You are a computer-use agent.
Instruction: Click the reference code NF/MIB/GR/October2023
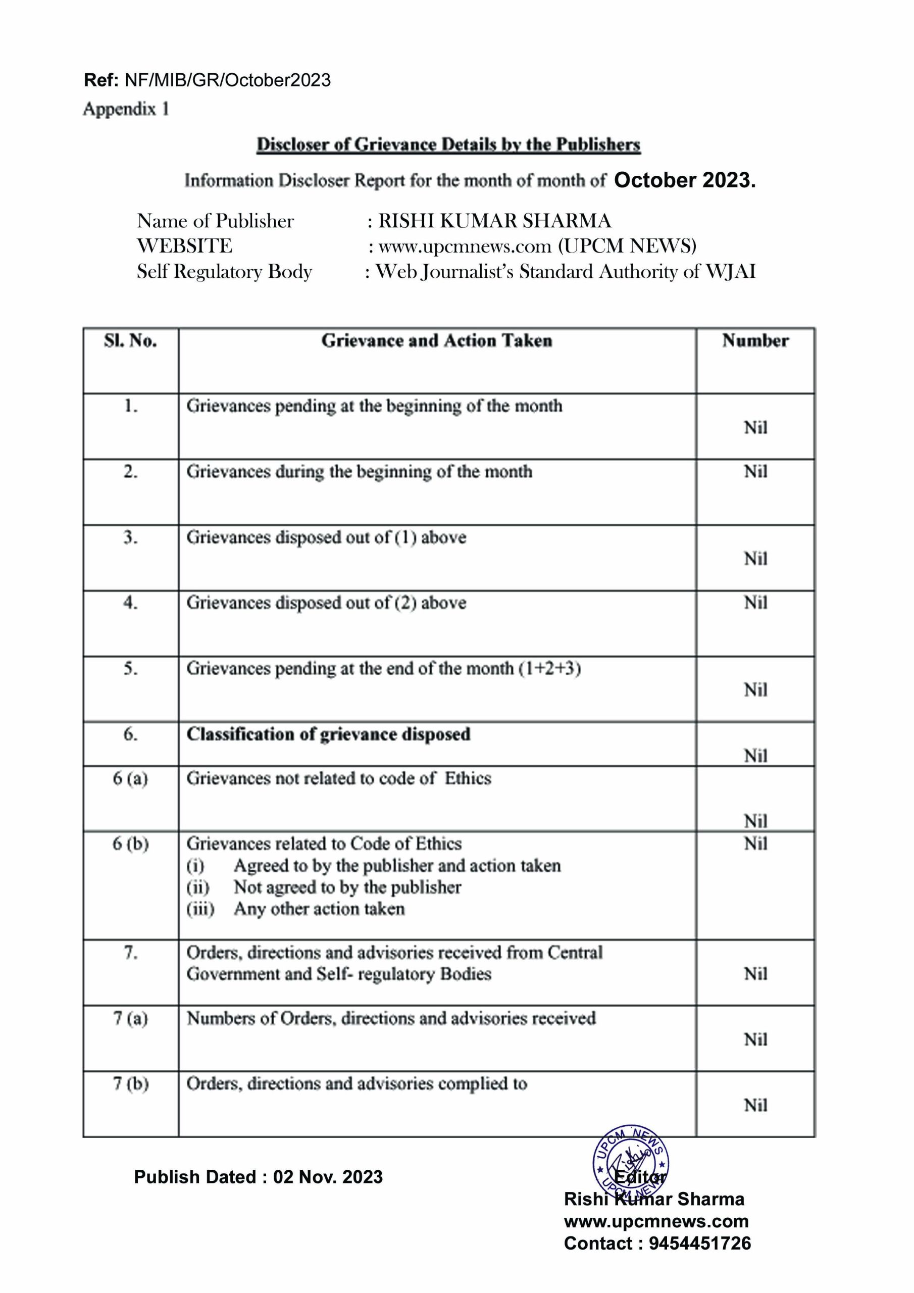(x=228, y=80)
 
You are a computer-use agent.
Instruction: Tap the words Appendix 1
(x=126, y=109)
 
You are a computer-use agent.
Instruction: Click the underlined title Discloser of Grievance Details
(x=448, y=145)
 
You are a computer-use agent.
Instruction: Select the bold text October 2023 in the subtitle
(x=684, y=180)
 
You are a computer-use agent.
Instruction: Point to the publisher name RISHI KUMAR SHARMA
(x=494, y=221)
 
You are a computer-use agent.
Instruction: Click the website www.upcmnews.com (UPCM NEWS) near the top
(x=537, y=246)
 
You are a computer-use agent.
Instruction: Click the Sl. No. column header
(x=130, y=341)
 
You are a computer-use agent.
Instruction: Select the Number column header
(x=755, y=341)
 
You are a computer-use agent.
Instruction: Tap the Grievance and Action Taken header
(x=436, y=341)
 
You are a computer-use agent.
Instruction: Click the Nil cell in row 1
(x=755, y=427)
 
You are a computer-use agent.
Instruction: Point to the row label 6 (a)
(x=130, y=778)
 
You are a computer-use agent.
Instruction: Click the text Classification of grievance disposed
(x=328, y=734)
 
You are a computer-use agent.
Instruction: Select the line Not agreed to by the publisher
(x=347, y=887)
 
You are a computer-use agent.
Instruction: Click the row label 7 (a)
(x=130, y=1018)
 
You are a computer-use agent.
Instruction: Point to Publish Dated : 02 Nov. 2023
(x=259, y=1177)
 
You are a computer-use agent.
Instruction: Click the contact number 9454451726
(x=699, y=1244)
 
